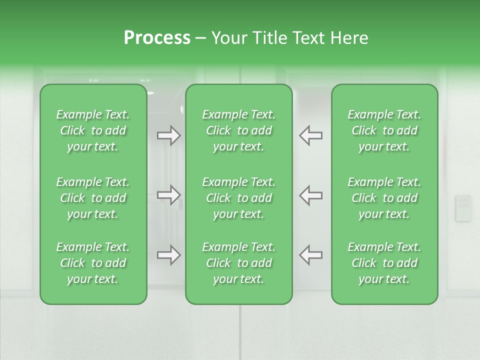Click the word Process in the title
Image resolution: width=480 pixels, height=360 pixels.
click(x=157, y=38)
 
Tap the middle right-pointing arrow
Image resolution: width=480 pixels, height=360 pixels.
click(x=169, y=195)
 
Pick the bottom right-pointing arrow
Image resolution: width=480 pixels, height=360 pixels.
click(x=169, y=255)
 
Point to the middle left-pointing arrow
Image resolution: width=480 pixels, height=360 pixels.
click(x=310, y=195)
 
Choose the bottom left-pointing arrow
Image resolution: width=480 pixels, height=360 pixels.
click(x=310, y=255)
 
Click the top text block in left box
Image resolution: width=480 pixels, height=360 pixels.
click(x=93, y=130)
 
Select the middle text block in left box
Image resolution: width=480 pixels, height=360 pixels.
click(x=93, y=198)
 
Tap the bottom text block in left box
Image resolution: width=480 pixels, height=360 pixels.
click(x=93, y=263)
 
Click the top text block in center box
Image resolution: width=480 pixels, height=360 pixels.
click(x=238, y=130)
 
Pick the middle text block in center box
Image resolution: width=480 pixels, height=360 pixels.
click(x=238, y=198)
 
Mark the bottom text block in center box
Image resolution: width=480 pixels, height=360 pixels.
click(x=238, y=263)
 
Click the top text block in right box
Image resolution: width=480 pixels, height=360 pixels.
click(x=384, y=130)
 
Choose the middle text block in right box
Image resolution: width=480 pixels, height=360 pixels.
click(x=384, y=198)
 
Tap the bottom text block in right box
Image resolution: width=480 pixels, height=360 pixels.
click(x=384, y=263)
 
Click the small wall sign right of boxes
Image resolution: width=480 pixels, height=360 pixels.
click(x=463, y=208)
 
